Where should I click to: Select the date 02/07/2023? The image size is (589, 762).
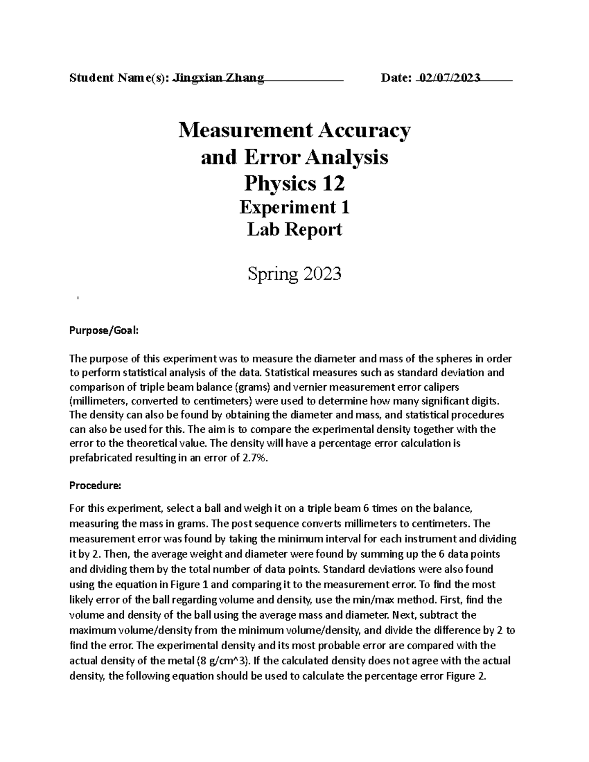[449, 78]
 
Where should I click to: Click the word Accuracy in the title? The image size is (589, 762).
[364, 131]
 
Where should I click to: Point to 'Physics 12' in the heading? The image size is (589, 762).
[294, 184]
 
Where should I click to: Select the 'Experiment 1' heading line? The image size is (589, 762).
[294, 208]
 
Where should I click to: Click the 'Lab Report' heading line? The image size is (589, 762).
[294, 230]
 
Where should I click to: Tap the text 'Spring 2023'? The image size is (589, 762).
[294, 273]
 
